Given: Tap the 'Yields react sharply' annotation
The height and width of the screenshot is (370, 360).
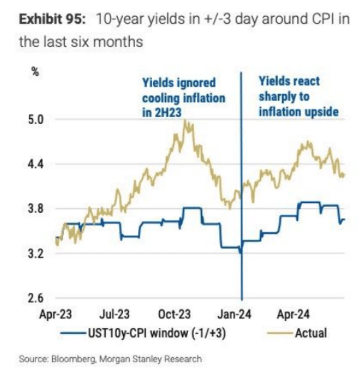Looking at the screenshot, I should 298,96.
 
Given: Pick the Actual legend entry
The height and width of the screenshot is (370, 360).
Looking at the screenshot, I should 310,332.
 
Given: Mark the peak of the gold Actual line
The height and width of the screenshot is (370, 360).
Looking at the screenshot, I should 185,120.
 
